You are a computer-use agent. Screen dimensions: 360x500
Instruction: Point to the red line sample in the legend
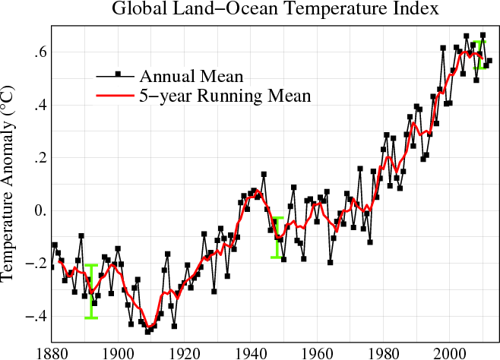click(x=114, y=96)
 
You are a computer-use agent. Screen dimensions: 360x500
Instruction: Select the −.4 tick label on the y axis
click(x=31, y=316)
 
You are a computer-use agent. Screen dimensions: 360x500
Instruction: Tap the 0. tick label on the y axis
click(x=35, y=210)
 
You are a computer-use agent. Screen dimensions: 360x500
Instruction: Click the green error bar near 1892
click(x=91, y=292)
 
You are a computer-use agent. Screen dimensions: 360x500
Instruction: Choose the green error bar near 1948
click(x=277, y=237)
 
